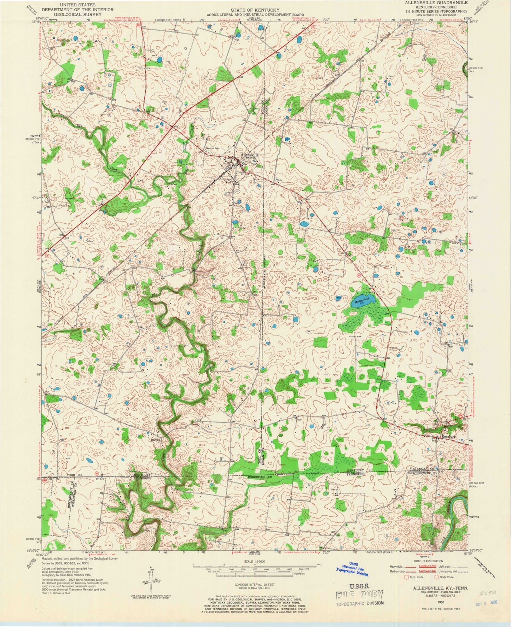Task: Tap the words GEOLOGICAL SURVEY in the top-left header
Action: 77,15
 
